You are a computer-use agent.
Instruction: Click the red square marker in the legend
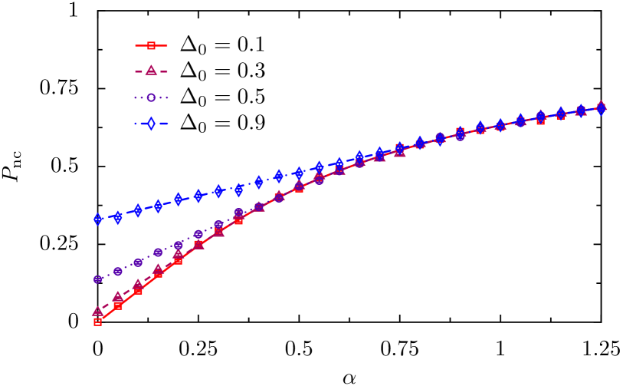coord(151,46)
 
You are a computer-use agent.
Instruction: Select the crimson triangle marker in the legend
coord(151,71)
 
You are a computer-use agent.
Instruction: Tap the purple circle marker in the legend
coord(151,97)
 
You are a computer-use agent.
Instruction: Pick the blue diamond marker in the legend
coord(151,124)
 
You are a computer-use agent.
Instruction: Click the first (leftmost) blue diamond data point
coord(98,219)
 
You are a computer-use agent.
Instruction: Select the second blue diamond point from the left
coord(118,217)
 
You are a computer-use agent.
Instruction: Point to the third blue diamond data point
coord(138,210)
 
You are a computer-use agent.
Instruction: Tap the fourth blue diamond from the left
coord(158,206)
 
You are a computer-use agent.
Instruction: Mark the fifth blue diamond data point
coord(179,200)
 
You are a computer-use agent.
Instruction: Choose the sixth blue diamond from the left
coord(198,196)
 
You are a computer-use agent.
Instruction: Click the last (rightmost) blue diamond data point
coord(601,109)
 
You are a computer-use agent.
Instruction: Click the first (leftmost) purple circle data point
coord(98,279)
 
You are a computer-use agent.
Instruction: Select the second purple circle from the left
coord(118,272)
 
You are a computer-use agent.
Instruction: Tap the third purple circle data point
coord(138,262)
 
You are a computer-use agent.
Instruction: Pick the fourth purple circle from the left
coord(158,252)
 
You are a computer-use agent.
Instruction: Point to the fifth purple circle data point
coord(179,245)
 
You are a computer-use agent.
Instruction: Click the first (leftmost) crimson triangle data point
coord(98,311)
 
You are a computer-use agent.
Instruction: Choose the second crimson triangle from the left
coord(118,296)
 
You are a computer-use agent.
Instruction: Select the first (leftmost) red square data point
coord(98,322)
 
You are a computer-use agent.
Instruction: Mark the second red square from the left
coord(118,305)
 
